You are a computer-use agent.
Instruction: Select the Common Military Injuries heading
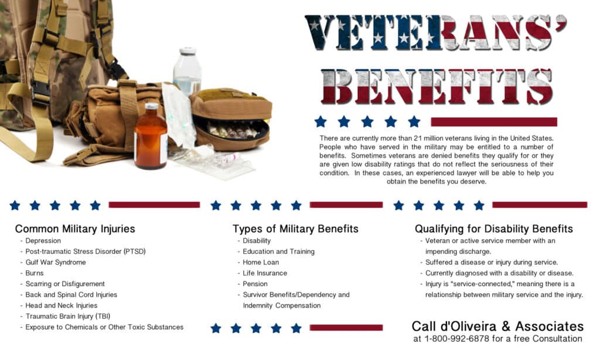pos(75,229)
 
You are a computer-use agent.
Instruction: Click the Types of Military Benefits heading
pos(295,229)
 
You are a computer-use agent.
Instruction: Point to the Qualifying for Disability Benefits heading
pos(494,229)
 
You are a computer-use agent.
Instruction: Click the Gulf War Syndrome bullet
pos(55,262)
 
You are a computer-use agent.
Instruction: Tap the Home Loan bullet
pos(261,262)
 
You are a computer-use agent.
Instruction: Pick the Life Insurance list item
pos(265,273)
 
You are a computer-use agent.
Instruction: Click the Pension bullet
pos(255,284)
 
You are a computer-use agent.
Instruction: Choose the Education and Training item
pos(278,252)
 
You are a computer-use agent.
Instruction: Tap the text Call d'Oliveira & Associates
pos(497,326)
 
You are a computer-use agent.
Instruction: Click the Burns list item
pos(35,273)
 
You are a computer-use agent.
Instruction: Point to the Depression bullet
pos(43,240)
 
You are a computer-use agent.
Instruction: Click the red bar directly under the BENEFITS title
pos(493,122)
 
